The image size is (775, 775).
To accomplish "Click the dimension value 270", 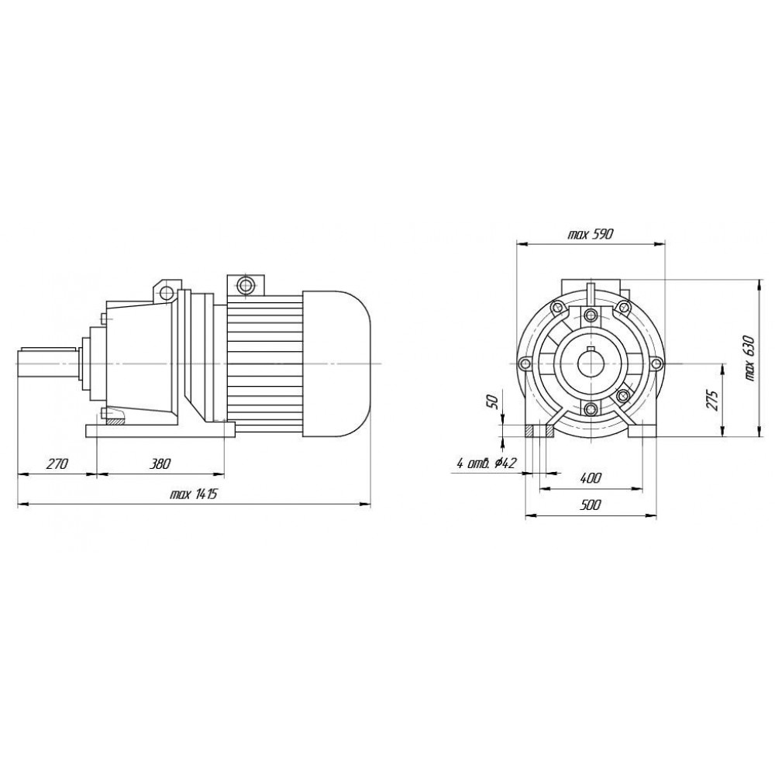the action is (x=57, y=464).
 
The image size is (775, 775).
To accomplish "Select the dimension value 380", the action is (x=160, y=464).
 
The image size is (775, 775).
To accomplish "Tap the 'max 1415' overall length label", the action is (x=193, y=494).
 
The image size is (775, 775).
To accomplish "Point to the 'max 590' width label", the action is (x=590, y=234).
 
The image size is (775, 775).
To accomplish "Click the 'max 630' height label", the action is (x=750, y=358).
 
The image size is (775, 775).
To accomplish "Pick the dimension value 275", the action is (x=711, y=400).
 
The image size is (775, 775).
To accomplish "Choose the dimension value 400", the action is (x=591, y=478).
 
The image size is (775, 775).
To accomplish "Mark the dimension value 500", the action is (x=591, y=505).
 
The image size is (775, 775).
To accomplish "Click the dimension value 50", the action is (x=492, y=401).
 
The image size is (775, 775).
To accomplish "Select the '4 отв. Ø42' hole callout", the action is (x=487, y=463).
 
